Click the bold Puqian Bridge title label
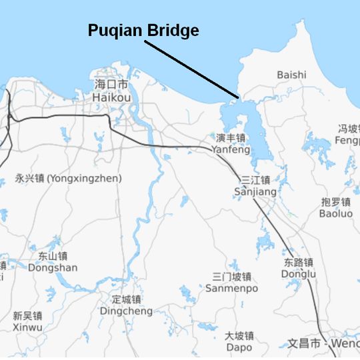coord(143,31)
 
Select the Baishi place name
coord(291,75)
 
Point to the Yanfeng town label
coord(231,150)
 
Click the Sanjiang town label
coord(255,192)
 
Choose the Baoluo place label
coord(336,214)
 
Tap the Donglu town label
coord(299,274)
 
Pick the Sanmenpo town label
coord(231,289)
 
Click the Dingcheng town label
coord(126,311)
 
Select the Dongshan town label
coord(53,267)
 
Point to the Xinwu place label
coord(27,327)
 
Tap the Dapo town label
coord(239,347)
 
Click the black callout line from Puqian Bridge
coord(190,70)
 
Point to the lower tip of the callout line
coord(237,98)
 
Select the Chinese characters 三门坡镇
coord(231,277)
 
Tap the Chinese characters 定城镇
coord(126,299)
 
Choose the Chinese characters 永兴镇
coord(29,179)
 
